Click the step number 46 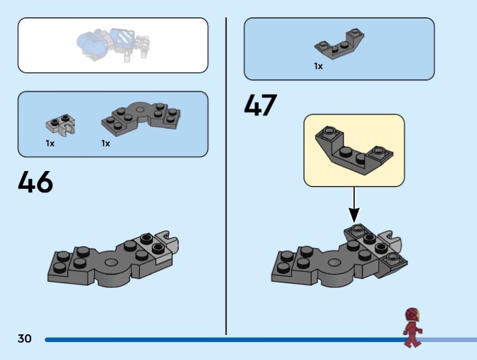click(36, 182)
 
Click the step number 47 click(261, 105)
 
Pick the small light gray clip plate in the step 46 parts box click(60, 123)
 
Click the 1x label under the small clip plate click(50, 144)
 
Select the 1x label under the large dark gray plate click(106, 144)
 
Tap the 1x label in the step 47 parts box click(318, 67)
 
